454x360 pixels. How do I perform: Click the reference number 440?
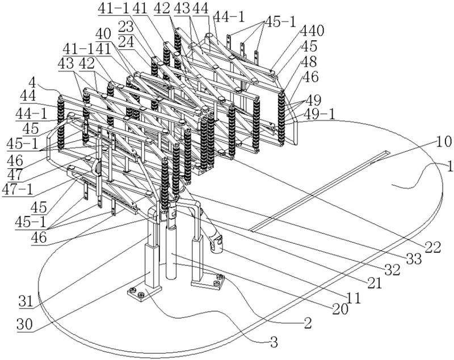pos(312,31)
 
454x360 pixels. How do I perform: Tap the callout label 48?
pos(309,62)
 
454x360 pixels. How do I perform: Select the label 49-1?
pos(319,115)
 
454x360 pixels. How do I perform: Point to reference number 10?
pos(444,142)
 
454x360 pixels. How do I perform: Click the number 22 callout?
pos(432,248)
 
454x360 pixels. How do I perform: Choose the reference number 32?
pos(392,270)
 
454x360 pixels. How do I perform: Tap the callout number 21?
pos(374,283)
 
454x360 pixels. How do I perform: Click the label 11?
pos(354,298)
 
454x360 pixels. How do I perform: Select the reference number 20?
pos(340,310)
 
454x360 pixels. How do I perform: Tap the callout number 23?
pos(126,27)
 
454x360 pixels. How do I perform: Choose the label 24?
pos(126,43)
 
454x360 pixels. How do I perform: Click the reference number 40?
pos(103,35)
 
